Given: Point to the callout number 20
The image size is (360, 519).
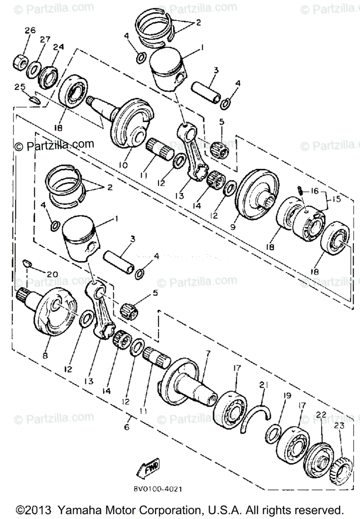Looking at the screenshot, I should click(51, 274).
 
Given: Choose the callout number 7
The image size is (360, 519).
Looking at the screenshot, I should click(208, 353).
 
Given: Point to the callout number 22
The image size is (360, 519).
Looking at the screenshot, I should click(321, 414).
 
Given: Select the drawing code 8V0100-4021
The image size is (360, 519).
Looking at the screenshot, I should click(158, 490).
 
